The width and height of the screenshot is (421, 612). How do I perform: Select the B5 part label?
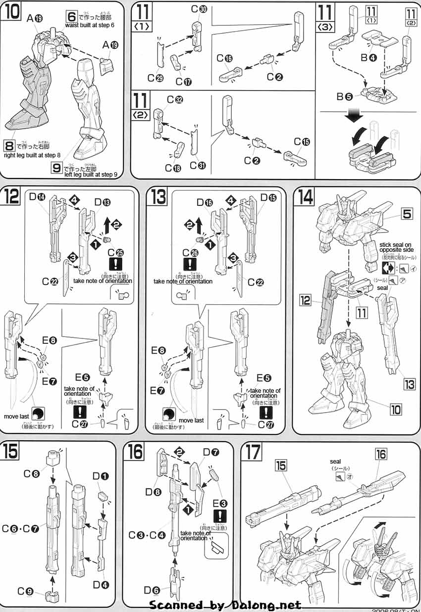pos(345,96)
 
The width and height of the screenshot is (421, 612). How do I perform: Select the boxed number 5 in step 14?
pos(407,214)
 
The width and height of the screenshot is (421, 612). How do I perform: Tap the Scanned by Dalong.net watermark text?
pos(225,605)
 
